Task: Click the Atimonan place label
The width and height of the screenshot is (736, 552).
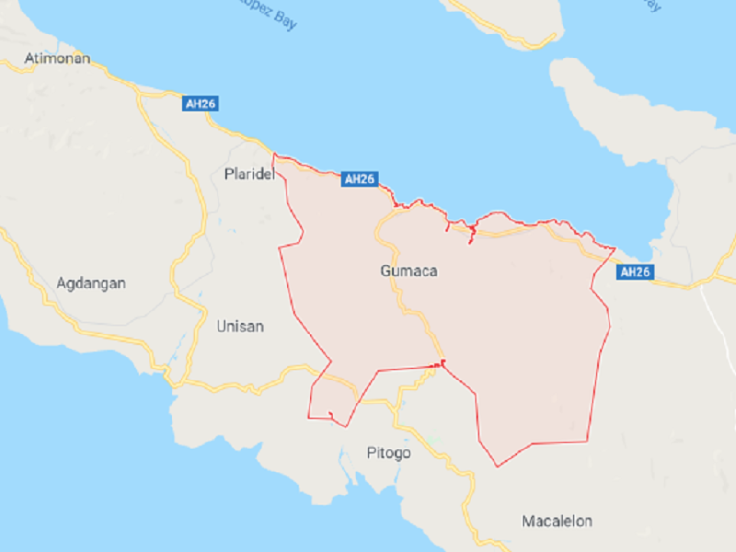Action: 57,58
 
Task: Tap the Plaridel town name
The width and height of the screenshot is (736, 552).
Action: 249,174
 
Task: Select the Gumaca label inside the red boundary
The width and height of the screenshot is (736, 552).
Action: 408,271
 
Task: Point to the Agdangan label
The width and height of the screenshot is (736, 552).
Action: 91,283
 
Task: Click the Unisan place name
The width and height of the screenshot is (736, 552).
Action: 240,326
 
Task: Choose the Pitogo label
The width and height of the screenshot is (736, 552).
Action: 389,452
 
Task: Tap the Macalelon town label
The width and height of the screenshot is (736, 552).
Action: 557,521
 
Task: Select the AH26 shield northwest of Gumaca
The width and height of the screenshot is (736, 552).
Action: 358,179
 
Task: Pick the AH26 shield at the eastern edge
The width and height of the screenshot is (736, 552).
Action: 634,272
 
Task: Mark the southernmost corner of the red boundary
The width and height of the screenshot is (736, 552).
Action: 497,467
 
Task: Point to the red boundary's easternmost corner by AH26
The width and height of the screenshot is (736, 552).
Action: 614,251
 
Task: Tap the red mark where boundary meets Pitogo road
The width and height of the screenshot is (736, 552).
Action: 441,363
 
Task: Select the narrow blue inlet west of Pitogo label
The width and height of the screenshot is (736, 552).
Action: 342,470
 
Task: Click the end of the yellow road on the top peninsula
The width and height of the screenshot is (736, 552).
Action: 554,38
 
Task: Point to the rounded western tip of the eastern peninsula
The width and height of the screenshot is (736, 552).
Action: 561,75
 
